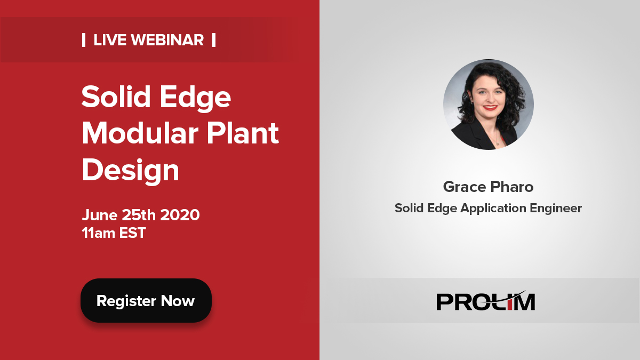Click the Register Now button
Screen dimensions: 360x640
pos(146,301)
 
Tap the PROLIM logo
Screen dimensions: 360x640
pos(485,301)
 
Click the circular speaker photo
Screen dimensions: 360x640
pos(488,105)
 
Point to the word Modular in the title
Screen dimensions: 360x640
pos(139,134)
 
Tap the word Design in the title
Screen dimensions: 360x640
pos(130,170)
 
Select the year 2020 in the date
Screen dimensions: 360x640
pos(180,215)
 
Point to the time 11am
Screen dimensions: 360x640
pos(99,233)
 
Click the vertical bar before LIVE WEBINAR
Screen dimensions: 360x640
pos(84,40)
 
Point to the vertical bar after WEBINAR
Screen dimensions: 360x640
pos(214,40)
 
